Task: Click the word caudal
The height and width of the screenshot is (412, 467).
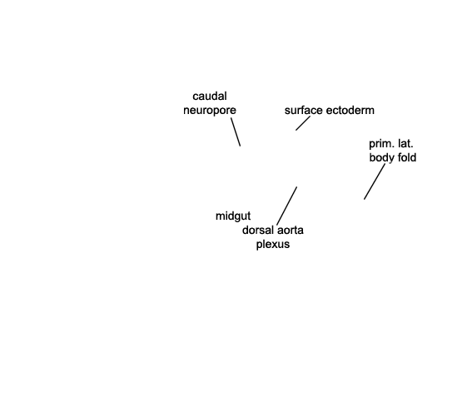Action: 210,97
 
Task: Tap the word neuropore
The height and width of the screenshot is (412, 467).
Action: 210,111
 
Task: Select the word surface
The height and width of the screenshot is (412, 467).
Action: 304,110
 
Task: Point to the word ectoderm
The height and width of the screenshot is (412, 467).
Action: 350,110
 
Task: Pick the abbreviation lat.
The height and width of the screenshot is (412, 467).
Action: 405,144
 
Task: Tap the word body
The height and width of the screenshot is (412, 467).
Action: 381,158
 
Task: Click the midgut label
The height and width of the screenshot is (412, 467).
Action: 233,216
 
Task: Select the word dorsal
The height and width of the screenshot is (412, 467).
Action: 258,230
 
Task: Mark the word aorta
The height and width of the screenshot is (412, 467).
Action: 291,230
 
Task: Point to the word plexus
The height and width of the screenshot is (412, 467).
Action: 273,245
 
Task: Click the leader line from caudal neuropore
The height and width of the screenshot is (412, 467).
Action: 236,132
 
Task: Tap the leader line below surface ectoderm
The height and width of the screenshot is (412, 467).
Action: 303,123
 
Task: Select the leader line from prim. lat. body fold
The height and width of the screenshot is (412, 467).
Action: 375,181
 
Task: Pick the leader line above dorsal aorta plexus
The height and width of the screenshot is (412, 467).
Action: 287,206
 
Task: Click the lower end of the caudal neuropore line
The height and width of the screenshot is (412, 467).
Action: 241,146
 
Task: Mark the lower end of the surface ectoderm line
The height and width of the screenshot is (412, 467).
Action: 296,131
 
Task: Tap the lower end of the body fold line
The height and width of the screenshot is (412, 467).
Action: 364,199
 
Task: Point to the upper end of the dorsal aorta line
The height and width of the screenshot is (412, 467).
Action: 297,187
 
